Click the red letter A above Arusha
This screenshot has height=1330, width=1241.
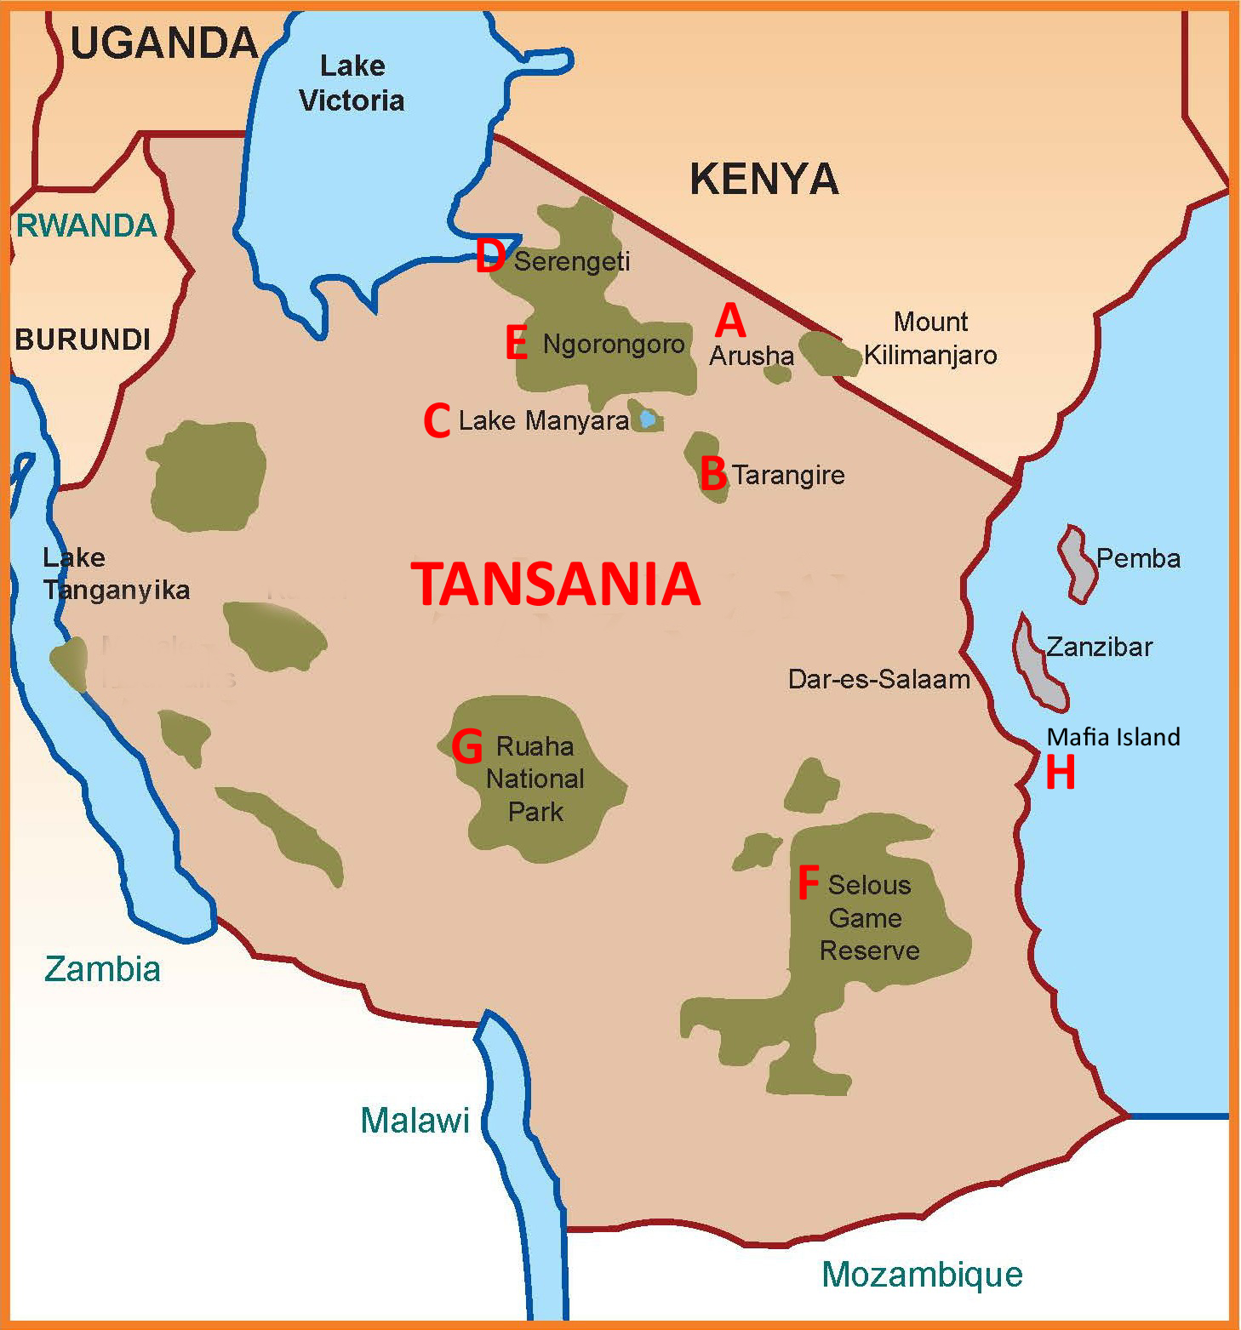pyautogui.click(x=730, y=321)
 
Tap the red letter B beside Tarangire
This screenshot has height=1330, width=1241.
pyautogui.click(x=713, y=474)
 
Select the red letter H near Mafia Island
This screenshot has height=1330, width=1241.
pyautogui.click(x=1060, y=773)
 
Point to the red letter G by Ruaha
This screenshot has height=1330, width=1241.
pyautogui.click(x=467, y=746)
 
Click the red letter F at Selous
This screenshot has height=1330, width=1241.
pyautogui.click(x=808, y=883)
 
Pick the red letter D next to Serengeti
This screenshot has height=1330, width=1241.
pyautogui.click(x=490, y=256)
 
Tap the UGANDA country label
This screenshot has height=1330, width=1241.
pyautogui.click(x=164, y=43)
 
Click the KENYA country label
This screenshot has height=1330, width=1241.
pyautogui.click(x=763, y=180)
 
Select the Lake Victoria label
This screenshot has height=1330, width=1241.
pyautogui.click(x=352, y=83)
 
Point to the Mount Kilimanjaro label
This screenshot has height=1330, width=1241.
pyautogui.click(x=930, y=339)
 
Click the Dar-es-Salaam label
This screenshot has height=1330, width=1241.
pyautogui.click(x=878, y=679)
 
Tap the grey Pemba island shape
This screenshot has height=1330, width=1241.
pyautogui.click(x=1078, y=563)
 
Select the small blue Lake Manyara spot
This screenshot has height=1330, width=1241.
pyautogui.click(x=648, y=419)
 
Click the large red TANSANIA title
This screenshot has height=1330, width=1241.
pyautogui.click(x=556, y=585)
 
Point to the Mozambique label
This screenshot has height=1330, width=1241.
pyautogui.click(x=922, y=1274)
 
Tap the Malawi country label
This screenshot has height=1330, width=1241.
pyautogui.click(x=415, y=1121)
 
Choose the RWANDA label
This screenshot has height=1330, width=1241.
pyautogui.click(x=87, y=225)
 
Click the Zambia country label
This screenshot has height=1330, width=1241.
pyautogui.click(x=102, y=969)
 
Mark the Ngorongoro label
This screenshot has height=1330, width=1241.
pyautogui.click(x=614, y=345)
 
